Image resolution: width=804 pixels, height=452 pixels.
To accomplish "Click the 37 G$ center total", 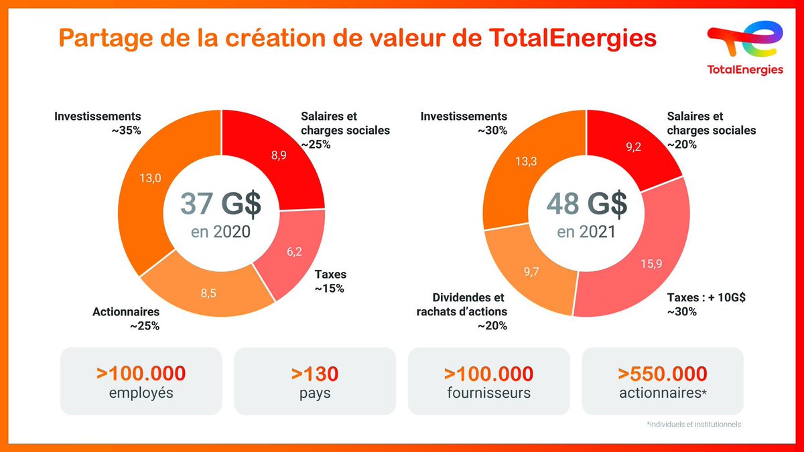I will (x=216, y=205).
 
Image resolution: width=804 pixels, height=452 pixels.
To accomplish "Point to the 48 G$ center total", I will (x=586, y=205).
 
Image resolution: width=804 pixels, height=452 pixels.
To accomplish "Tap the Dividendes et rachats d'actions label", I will (x=469, y=305).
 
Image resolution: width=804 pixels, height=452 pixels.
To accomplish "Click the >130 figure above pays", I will (x=315, y=373).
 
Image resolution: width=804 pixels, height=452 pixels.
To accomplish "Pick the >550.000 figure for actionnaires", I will (x=663, y=373).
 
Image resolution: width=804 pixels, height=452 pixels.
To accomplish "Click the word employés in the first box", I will (x=141, y=393).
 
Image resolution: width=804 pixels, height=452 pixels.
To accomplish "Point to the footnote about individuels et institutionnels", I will (x=695, y=424).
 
